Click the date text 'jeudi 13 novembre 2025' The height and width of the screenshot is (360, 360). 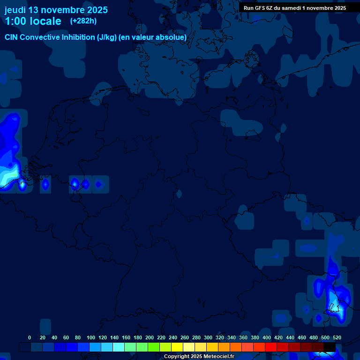click(56, 10)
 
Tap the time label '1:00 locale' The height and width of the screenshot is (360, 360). click(33, 21)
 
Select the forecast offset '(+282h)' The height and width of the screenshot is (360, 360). click(83, 21)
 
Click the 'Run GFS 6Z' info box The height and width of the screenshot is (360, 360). click(295, 8)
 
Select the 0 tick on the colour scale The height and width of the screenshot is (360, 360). click(30, 337)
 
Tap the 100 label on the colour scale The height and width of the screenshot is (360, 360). click(91, 337)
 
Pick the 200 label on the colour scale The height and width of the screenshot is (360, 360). click(150, 337)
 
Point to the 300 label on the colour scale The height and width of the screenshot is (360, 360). click(208, 337)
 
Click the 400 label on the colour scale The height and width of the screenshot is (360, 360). click(267, 337)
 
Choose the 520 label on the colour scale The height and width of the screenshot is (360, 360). click(337, 337)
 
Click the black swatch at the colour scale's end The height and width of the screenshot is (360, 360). click(330, 347)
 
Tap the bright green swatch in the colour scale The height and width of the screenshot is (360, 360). click(154, 347)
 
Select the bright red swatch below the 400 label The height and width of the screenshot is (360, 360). click(271, 347)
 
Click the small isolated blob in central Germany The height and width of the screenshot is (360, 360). click(179, 194)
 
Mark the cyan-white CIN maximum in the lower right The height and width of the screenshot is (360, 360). click(334, 299)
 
